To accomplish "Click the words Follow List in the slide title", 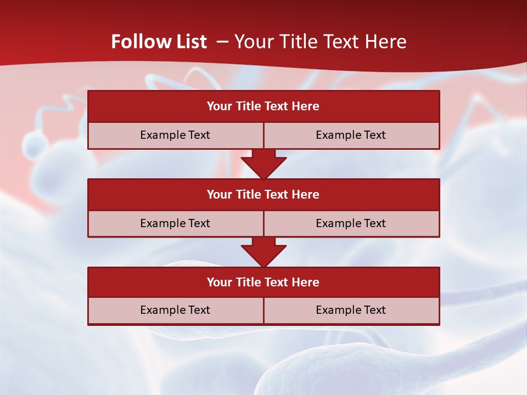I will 159,42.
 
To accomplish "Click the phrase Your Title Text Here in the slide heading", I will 320,42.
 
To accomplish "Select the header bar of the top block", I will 263,106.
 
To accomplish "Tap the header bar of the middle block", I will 263,195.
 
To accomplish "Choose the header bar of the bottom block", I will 263,283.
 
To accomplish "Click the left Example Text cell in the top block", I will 175,136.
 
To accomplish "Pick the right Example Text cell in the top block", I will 351,136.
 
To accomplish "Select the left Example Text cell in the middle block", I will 175,224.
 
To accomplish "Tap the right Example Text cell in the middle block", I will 351,224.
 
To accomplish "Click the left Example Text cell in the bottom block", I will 175,311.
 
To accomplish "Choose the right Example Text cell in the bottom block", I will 351,311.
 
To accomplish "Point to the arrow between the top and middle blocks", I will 263,163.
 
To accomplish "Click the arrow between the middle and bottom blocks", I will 263,252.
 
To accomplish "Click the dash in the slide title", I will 223,42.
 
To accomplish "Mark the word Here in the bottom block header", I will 306,283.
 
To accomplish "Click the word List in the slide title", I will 192,42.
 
